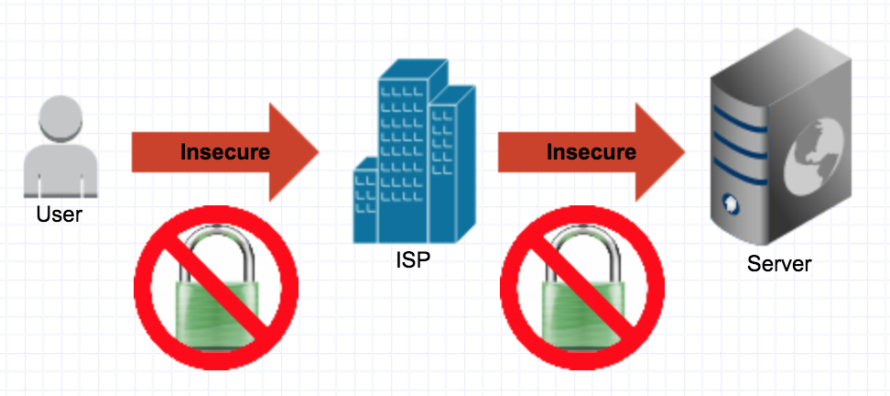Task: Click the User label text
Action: point(59,214)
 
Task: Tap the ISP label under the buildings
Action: point(413,259)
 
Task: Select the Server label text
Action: point(779,264)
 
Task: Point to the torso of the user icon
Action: point(60,170)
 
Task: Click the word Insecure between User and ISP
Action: point(224,151)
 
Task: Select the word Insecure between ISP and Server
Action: point(591,151)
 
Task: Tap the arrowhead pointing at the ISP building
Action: point(292,152)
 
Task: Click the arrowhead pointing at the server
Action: point(658,152)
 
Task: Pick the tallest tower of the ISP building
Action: point(404,153)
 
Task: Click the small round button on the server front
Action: point(728,201)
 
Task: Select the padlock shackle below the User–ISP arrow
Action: point(216,246)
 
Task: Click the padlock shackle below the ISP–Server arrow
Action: point(582,246)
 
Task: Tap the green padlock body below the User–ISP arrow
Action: point(216,313)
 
